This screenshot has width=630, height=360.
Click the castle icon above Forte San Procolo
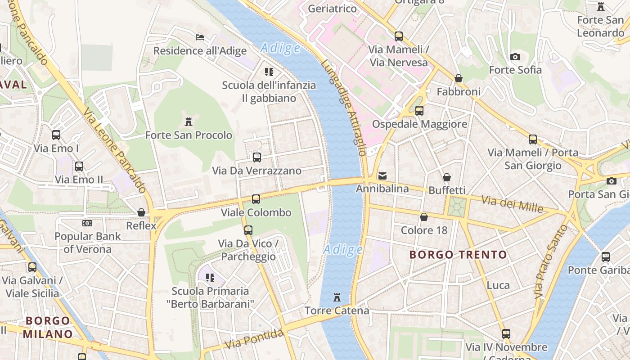[x=189, y=121]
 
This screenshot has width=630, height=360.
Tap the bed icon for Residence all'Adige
[x=200, y=37]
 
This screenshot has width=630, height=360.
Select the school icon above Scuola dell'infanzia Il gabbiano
[x=269, y=72]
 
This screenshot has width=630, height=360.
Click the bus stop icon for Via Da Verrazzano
[x=256, y=157]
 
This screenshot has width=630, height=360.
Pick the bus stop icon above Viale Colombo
[x=256, y=199]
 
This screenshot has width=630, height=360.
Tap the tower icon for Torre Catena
[x=337, y=297]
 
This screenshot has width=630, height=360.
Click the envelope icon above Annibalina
[x=382, y=175]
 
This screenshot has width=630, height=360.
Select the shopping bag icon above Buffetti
[x=446, y=177]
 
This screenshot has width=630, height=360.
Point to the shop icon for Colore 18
[x=423, y=217]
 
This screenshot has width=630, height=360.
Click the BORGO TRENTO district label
[x=458, y=255]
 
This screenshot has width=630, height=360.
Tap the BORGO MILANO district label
[x=48, y=328]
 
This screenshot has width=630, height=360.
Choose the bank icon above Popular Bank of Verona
[x=87, y=223]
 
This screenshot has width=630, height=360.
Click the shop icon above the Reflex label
[x=141, y=212]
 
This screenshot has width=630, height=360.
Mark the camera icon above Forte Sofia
[x=515, y=57]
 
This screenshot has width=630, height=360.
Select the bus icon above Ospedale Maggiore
[x=419, y=111]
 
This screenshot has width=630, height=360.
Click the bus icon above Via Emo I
[x=56, y=135]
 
